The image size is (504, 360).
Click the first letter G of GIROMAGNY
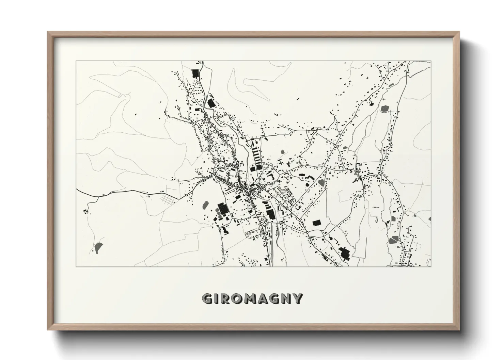pos(207,299)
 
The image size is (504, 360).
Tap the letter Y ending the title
pos(297,299)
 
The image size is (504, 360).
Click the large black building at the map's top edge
pos(195,73)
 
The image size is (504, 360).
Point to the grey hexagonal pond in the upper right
pos(385,109)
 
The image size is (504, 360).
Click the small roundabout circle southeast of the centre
pos(307,232)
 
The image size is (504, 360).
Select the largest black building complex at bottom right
pos(344,253)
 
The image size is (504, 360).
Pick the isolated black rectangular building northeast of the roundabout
pos(317,223)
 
